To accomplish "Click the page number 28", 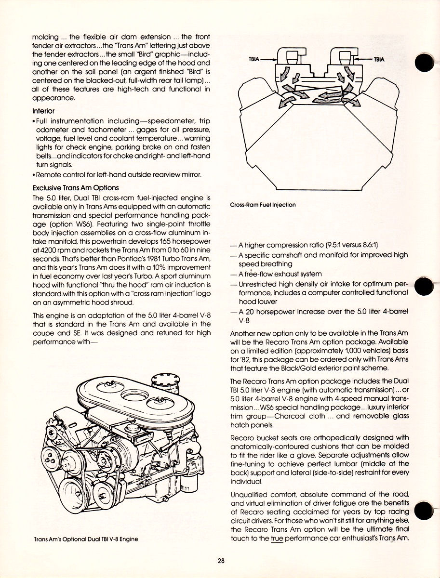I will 221,560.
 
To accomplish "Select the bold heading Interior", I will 43,110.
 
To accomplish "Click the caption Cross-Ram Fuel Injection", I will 263,205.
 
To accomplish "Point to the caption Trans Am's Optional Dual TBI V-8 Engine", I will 86,539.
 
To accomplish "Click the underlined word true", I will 277,539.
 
